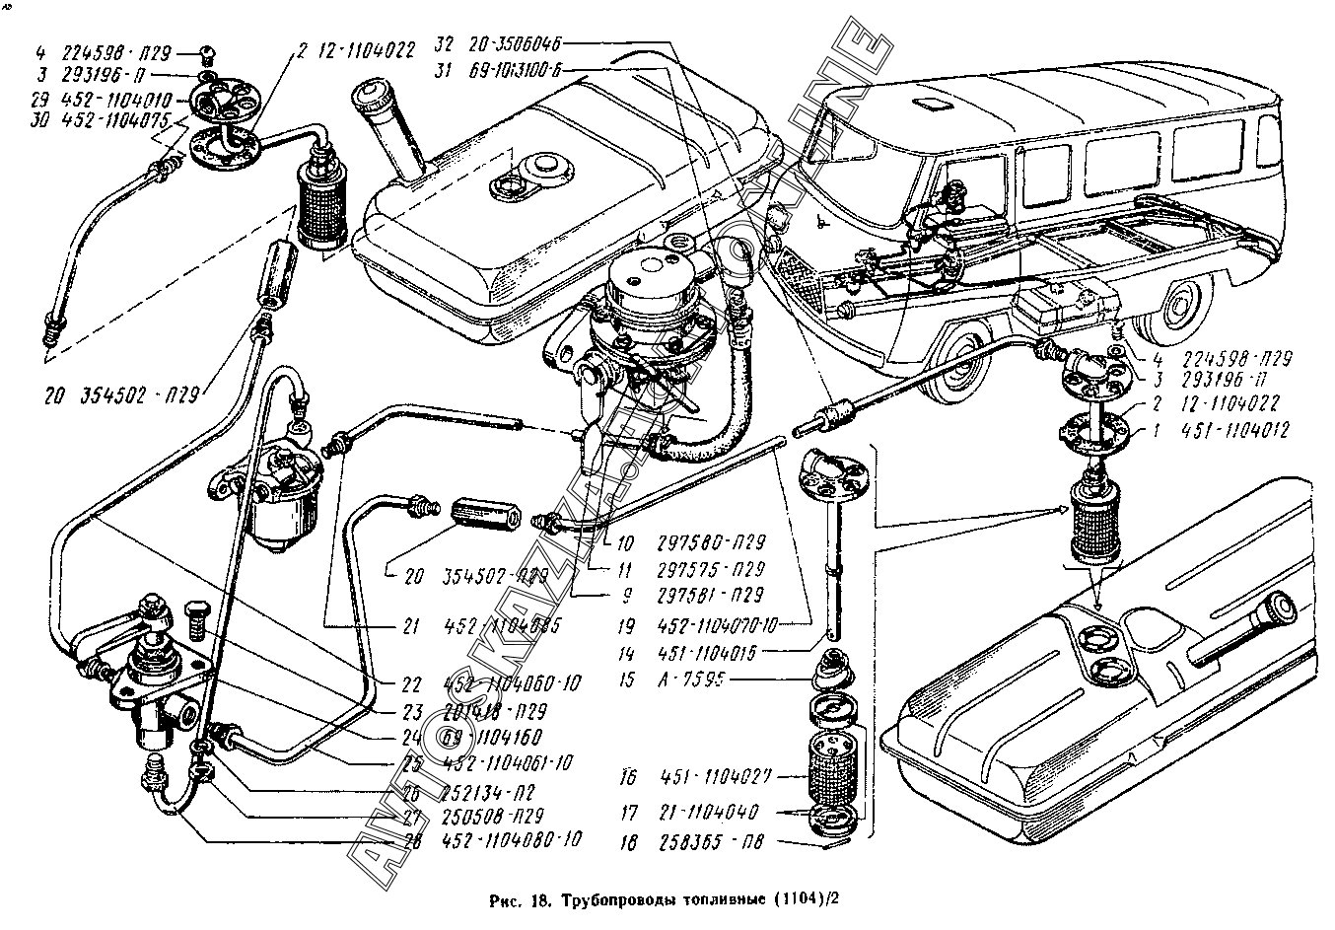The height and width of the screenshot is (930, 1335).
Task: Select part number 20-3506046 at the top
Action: click(x=519, y=44)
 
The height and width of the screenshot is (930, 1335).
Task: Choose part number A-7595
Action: click(x=681, y=680)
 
